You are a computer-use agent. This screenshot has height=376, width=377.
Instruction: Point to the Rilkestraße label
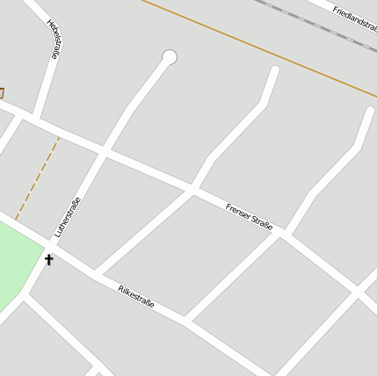point(135,296)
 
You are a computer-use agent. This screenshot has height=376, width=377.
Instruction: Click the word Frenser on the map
point(237,212)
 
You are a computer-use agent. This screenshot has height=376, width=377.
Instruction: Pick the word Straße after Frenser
point(262,223)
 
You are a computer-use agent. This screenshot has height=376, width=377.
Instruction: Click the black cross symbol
point(48,259)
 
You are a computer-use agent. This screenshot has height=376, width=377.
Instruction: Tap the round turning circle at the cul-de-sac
point(170,57)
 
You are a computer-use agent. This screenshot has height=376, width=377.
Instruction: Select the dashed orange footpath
point(37,178)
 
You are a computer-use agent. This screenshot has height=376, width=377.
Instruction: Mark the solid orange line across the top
point(264,48)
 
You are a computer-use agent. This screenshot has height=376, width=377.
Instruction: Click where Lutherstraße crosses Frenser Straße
point(103,152)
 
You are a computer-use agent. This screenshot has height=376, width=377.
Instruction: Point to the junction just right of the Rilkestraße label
point(185,319)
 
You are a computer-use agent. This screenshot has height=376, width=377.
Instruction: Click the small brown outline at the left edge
point(1,92)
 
